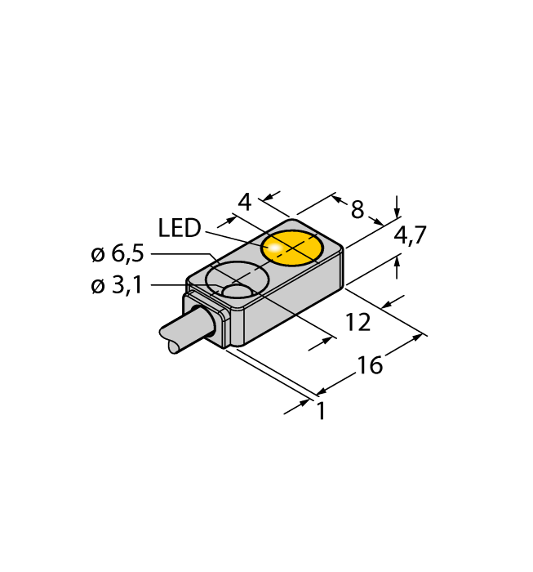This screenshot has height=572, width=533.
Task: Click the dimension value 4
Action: click(x=243, y=201)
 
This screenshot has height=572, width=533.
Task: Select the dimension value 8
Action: click(x=358, y=210)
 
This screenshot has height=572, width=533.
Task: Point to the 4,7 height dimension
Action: click(x=410, y=236)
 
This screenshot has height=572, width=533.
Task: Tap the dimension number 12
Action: click(x=358, y=322)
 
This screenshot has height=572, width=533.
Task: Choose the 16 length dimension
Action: click(x=370, y=365)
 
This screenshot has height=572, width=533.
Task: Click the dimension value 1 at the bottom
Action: click(x=322, y=412)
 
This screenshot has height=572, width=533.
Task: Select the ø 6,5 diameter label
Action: click(x=118, y=255)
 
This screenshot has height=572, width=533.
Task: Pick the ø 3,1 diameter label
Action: click(x=118, y=287)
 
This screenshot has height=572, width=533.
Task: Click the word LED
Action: click(x=180, y=229)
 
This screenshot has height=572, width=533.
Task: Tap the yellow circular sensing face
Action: click(x=292, y=248)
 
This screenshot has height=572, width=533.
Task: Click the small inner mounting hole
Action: click(x=238, y=291)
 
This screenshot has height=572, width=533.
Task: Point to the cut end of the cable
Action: click(x=174, y=347)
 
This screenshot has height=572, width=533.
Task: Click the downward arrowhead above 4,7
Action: click(x=398, y=209)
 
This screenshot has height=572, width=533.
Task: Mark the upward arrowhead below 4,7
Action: click(x=398, y=261)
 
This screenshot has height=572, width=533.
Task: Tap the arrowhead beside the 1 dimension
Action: click(x=305, y=403)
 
